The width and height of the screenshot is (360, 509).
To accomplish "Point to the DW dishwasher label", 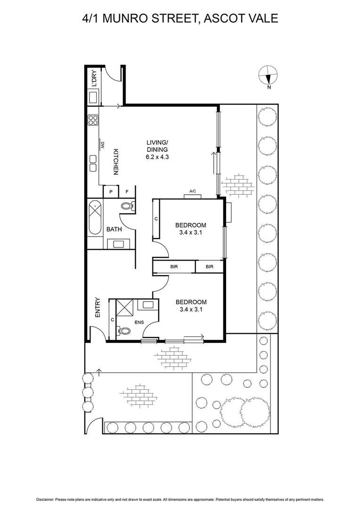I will click(x=101, y=146).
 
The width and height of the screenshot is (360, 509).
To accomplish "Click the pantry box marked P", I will click(x=110, y=192).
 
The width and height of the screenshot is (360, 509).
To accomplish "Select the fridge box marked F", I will click(x=127, y=192).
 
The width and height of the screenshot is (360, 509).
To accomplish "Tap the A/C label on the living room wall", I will click(x=192, y=191).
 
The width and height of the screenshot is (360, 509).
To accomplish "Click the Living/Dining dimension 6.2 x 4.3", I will click(x=157, y=156).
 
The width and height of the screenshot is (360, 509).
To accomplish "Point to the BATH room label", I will click(x=114, y=230).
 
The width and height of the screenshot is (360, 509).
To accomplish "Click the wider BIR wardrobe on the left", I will click(x=174, y=267).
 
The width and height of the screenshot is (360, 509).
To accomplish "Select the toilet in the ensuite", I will click(x=124, y=331).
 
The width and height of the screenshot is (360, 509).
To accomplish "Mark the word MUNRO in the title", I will click(x=127, y=18).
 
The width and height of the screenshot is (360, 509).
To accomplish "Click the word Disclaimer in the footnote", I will click(x=45, y=499).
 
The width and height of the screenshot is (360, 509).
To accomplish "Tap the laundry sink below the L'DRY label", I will click(x=93, y=98).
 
